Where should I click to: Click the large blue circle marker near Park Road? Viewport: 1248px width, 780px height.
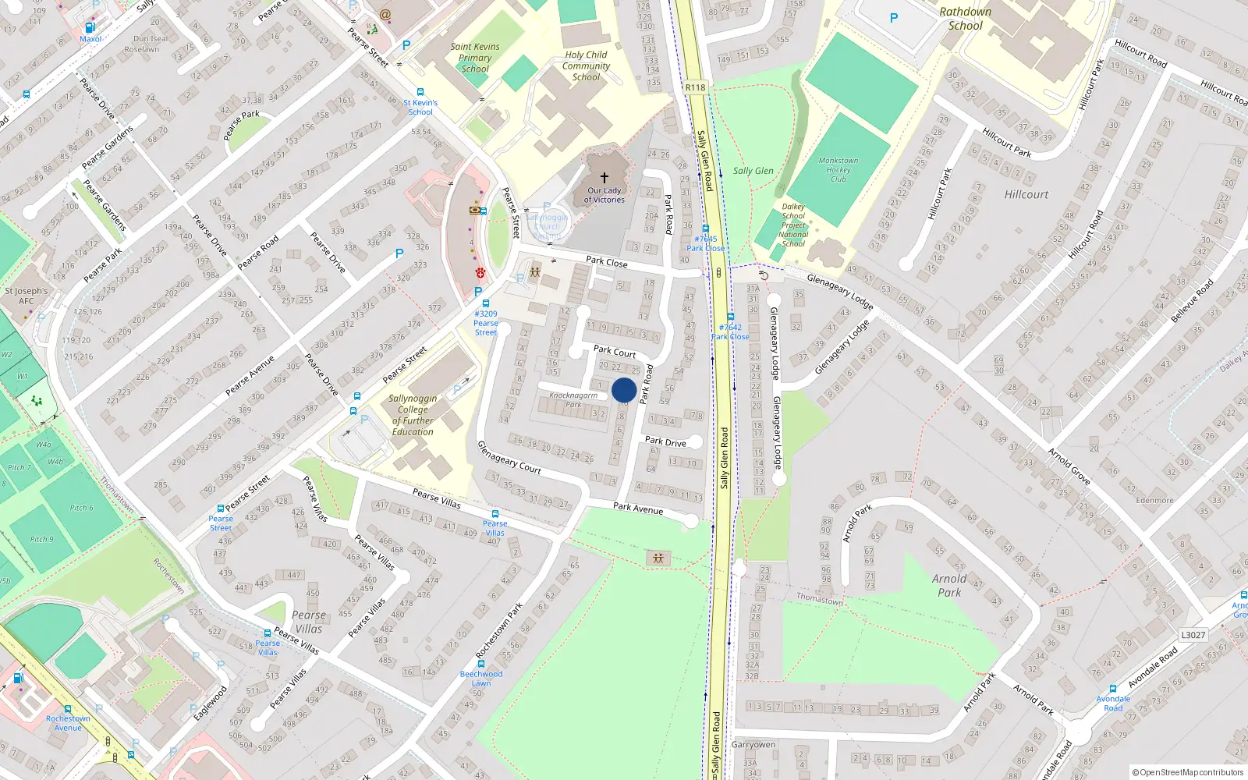click(x=624, y=390)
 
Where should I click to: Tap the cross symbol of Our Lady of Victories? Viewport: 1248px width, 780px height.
click(x=604, y=178)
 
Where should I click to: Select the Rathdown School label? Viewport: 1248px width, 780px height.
click(x=965, y=19)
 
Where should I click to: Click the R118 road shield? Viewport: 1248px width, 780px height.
click(x=695, y=87)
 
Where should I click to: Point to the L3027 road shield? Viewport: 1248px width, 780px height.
click(x=1193, y=635)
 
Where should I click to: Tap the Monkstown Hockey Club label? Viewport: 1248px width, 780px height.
click(x=838, y=170)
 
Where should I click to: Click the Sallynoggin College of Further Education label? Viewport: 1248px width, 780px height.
click(x=413, y=415)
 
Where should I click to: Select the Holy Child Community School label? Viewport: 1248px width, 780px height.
click(x=586, y=66)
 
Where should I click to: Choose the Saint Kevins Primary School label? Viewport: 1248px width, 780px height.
click(x=475, y=58)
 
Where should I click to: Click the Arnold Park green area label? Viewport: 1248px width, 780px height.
click(x=949, y=586)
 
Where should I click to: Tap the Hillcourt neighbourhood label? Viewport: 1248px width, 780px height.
click(x=1026, y=194)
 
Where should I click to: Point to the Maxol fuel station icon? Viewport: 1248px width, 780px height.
click(x=90, y=27)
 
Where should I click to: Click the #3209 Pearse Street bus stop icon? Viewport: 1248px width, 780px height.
click(x=485, y=303)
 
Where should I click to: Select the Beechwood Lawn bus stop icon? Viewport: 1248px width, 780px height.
click(x=481, y=664)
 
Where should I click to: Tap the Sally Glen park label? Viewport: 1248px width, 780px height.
click(x=753, y=171)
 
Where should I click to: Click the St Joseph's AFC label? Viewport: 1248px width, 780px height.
click(x=27, y=296)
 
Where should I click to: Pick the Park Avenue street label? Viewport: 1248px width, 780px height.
click(x=638, y=509)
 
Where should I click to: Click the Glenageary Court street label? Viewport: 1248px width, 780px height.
click(x=509, y=458)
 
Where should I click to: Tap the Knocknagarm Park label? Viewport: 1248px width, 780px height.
click(x=573, y=399)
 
